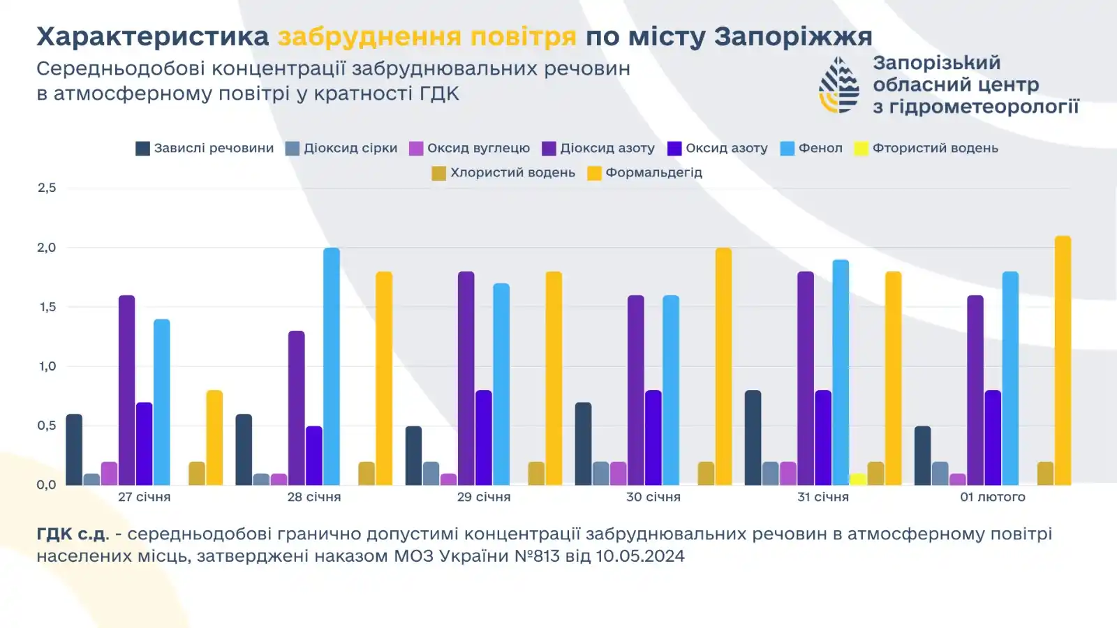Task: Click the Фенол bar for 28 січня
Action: pyautogui.click(x=332, y=366)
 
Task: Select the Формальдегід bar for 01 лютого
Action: pyautogui.click(x=1063, y=361)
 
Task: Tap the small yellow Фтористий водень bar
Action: pyautogui.click(x=858, y=479)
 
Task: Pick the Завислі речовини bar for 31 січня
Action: pyautogui.click(x=753, y=438)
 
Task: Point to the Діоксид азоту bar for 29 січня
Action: pyautogui.click(x=466, y=378)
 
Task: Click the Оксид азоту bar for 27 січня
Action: pyautogui.click(x=145, y=444)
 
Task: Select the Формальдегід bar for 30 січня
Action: pyautogui.click(x=723, y=366)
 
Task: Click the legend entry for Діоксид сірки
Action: pyautogui.click(x=341, y=149)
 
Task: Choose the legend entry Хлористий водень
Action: pyautogui.click(x=503, y=173)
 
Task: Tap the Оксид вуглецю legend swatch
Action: pyautogui.click(x=416, y=149)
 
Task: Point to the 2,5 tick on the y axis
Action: pyautogui.click(x=47, y=188)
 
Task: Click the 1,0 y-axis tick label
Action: pyautogui.click(x=47, y=366)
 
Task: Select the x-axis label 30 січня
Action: pyautogui.click(x=653, y=498)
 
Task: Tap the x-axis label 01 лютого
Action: pyautogui.click(x=992, y=498)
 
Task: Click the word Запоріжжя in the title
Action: pyautogui.click(x=793, y=36)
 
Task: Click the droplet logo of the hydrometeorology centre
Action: pyautogui.click(x=839, y=85)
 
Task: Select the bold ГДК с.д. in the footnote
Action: pyautogui.click(x=73, y=534)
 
